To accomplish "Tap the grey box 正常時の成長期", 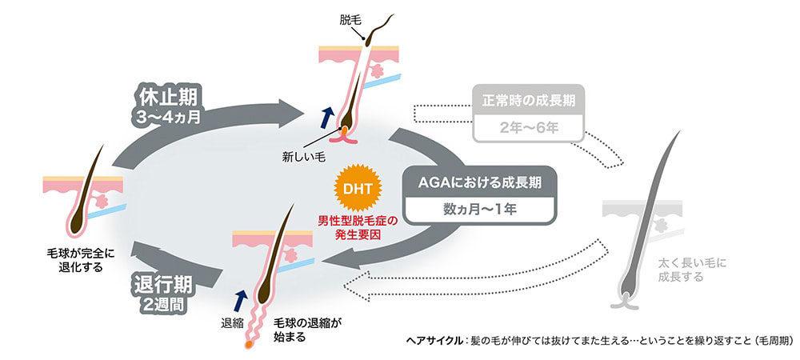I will pyautogui.click(x=528, y=102).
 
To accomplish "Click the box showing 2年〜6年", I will pyautogui.click(x=528, y=126).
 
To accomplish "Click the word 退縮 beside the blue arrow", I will pyautogui.click(x=231, y=326).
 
